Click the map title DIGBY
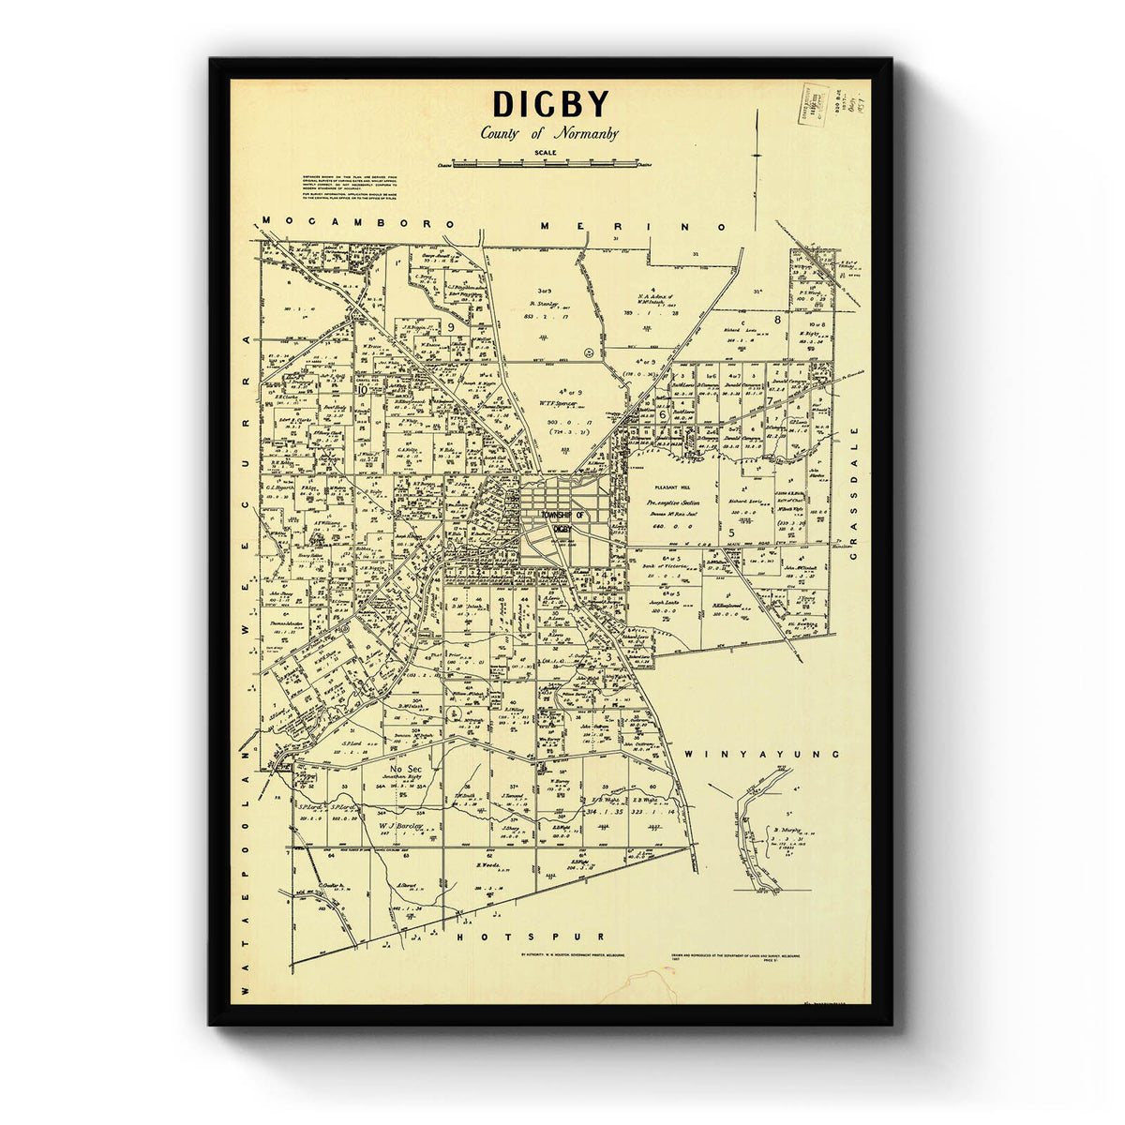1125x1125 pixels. coord(550,103)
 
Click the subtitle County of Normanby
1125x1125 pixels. coord(549,133)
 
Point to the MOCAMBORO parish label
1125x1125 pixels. coord(359,223)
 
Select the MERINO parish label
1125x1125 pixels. coord(635,226)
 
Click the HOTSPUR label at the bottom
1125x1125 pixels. coord(531,937)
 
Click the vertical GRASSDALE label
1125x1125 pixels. coord(855,493)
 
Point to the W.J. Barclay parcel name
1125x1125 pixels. coord(401,827)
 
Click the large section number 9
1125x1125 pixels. coord(451,326)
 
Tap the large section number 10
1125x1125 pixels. coord(362,388)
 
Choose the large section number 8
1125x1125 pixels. coord(777,320)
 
